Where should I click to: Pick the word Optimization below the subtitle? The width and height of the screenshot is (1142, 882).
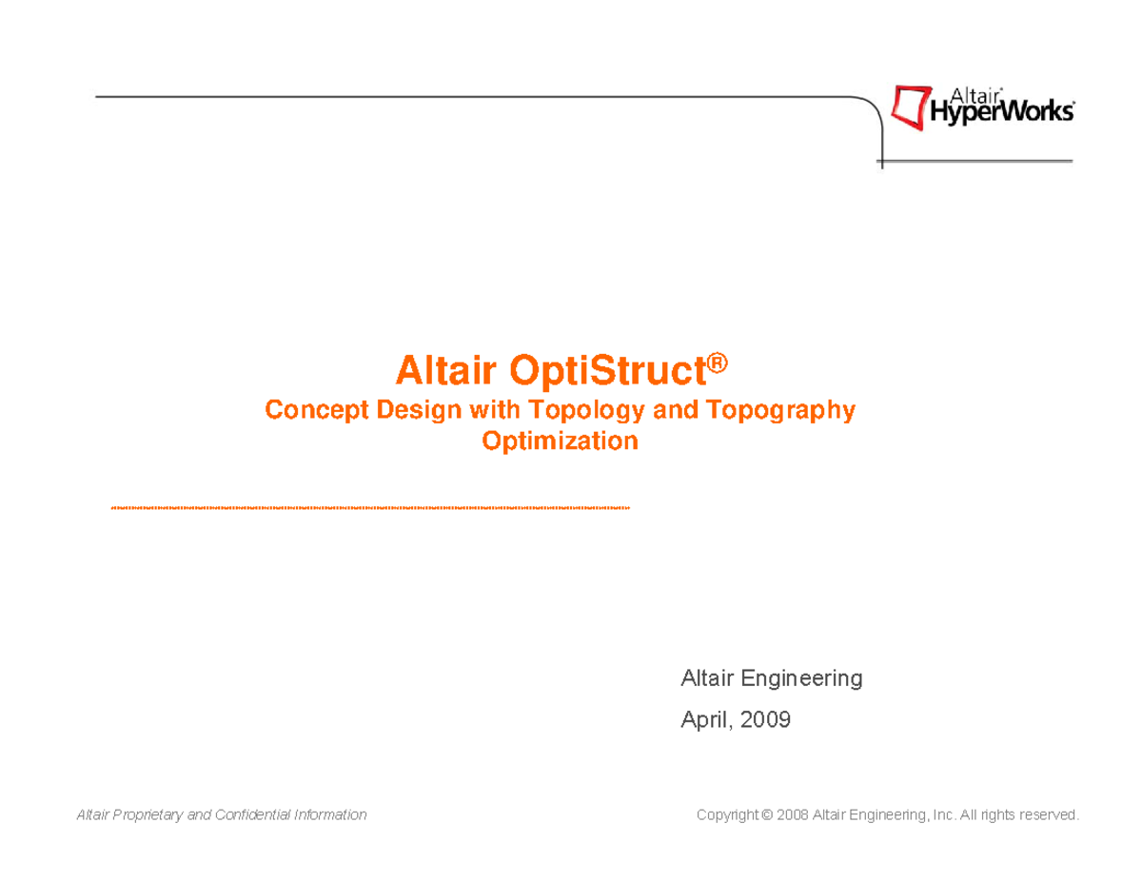(x=560, y=441)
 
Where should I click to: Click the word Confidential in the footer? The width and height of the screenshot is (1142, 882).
(x=254, y=815)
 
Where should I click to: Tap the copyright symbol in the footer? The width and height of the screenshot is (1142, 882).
(x=766, y=815)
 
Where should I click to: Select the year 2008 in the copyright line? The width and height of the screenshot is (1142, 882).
(x=794, y=815)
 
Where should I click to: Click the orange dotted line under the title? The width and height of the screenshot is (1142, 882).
(x=371, y=508)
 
